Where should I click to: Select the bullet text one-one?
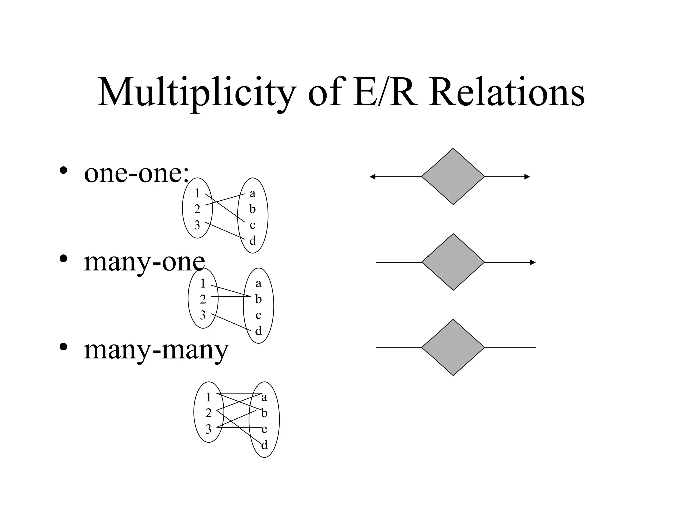(136, 174)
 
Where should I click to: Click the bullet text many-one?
(144, 262)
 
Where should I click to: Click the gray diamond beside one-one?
(453, 176)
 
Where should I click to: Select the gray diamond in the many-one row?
(453, 262)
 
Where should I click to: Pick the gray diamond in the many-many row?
(453, 348)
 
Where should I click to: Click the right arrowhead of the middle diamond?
(533, 263)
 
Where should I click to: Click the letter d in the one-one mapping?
(253, 241)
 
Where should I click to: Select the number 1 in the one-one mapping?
(197, 193)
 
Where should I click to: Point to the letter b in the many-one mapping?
(258, 299)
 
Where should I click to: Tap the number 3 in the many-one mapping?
(203, 315)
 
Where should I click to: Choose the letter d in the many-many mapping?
(264, 445)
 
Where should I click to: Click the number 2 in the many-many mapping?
(209, 413)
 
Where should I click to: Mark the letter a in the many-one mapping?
(258, 284)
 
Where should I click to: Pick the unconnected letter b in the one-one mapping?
(253, 209)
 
